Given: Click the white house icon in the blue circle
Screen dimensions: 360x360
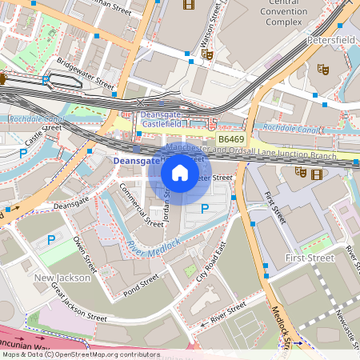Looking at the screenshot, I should tap(180, 172).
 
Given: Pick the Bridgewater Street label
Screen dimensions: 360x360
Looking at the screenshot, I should tap(85, 72).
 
